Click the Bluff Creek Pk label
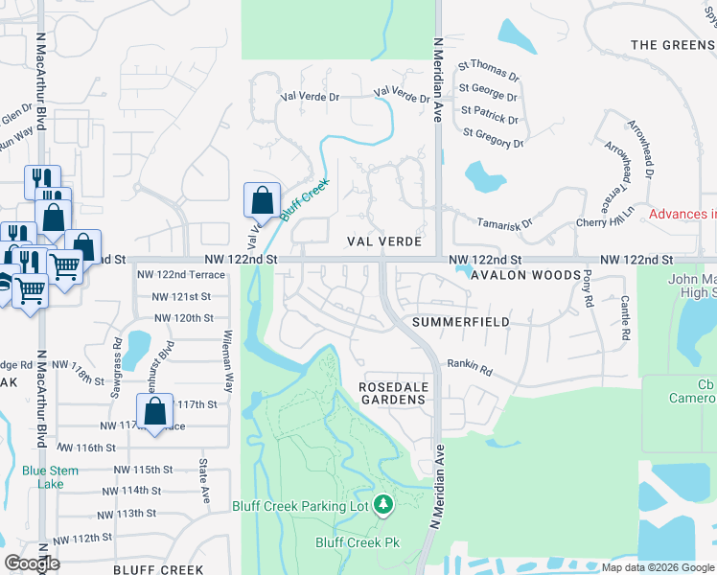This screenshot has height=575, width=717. pyautogui.click(x=357, y=542)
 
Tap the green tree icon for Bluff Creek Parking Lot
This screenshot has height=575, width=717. pyautogui.click(x=383, y=503)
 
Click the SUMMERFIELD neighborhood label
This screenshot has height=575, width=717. pyautogui.click(x=460, y=322)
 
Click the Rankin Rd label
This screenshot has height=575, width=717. pyautogui.click(x=470, y=367)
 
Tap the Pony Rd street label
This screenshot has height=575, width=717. pyautogui.click(x=587, y=289)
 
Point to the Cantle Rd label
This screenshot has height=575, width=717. pyautogui.click(x=624, y=318)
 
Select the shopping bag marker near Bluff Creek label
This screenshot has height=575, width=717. pyautogui.click(x=262, y=200)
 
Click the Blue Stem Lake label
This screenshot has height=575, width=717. pyautogui.click(x=43, y=476)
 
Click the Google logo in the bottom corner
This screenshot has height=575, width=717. pyautogui.click(x=32, y=563)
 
